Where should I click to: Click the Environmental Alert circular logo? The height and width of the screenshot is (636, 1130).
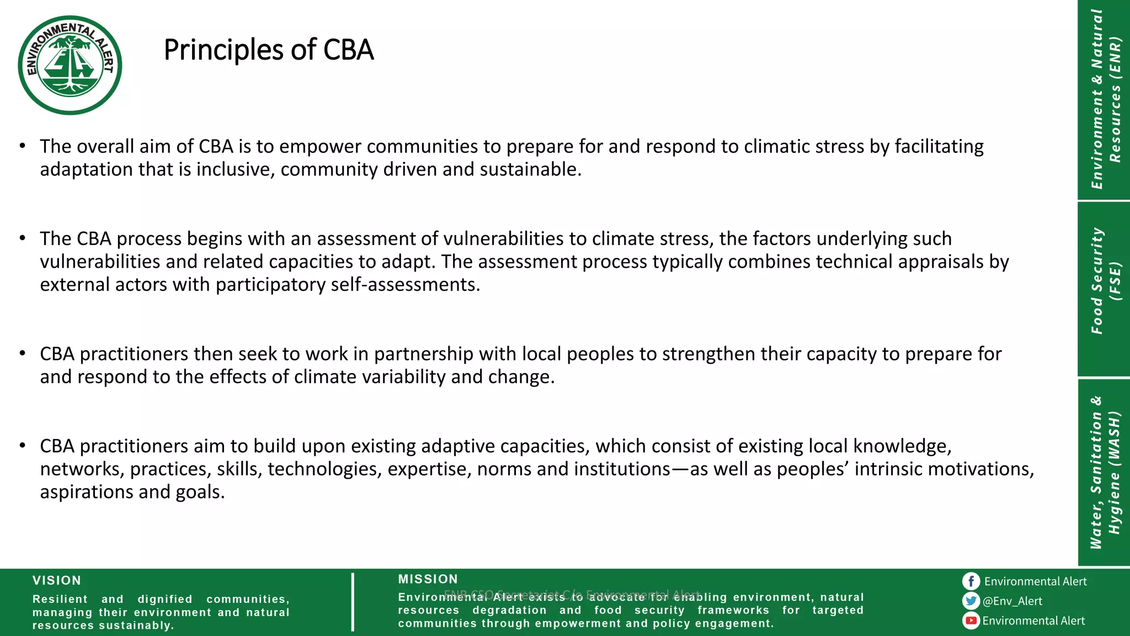(70, 65)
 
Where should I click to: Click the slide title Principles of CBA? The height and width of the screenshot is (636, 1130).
(269, 50)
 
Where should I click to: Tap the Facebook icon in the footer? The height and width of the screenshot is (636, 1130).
(971, 581)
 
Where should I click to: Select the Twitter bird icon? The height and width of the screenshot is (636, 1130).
(971, 601)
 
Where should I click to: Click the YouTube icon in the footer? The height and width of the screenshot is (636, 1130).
(971, 621)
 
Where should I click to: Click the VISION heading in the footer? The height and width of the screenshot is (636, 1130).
(57, 580)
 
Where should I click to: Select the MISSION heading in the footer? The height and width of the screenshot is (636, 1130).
(428, 579)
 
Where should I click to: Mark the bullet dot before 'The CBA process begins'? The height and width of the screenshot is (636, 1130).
(22, 239)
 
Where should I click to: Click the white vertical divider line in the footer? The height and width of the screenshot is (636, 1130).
(353, 602)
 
